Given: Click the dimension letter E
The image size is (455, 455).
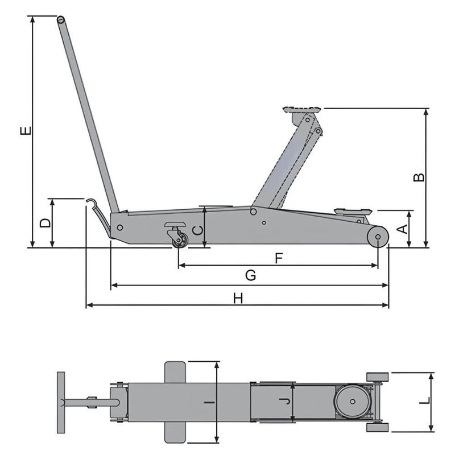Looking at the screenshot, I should pyautogui.click(x=24, y=131).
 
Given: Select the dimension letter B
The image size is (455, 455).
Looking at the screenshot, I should pyautogui.click(x=418, y=177).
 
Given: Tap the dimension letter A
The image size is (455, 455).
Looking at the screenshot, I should pyautogui.click(x=402, y=229).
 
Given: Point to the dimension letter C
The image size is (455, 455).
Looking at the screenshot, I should pyautogui.click(x=197, y=230).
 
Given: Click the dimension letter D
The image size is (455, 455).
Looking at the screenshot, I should pyautogui.click(x=45, y=222).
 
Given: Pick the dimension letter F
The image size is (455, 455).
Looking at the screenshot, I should pyautogui.click(x=279, y=258).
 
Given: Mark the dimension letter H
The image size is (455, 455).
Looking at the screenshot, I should pyautogui.click(x=238, y=297).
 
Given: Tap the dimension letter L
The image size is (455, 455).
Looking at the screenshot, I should pyautogui.click(x=424, y=402).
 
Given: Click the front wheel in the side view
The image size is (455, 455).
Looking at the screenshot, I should pyautogui.click(x=377, y=235).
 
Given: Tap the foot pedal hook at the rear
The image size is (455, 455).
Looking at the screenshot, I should pyautogui.click(x=90, y=201).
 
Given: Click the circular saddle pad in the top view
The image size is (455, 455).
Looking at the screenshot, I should pyautogui.click(x=353, y=402).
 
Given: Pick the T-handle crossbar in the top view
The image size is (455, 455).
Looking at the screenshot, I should pyautogui.click(x=61, y=402).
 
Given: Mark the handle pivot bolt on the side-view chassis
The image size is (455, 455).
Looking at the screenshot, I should pyautogui.click(x=119, y=227).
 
